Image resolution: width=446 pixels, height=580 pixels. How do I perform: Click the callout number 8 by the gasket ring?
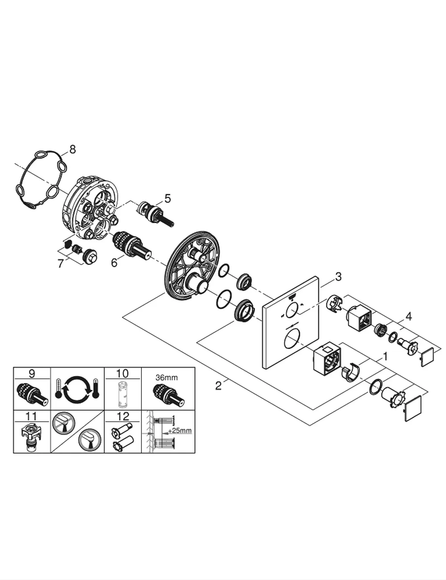[73, 149]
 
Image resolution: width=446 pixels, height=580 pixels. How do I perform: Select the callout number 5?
[167, 199]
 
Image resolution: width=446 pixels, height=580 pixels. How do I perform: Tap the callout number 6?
[114, 263]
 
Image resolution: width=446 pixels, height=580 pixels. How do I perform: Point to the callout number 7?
[61, 264]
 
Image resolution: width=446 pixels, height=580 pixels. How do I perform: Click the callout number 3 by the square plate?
[338, 277]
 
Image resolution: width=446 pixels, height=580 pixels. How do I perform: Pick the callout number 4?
[409, 317]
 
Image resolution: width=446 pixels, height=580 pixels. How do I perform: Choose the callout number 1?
[385, 356]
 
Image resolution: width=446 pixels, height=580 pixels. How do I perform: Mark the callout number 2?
[218, 385]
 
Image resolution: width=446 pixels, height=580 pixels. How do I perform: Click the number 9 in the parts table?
[32, 374]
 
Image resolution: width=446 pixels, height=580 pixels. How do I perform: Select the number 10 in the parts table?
[123, 374]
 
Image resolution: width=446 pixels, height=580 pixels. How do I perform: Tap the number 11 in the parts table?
[32, 416]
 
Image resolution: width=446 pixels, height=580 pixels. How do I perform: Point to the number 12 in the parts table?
[123, 416]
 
